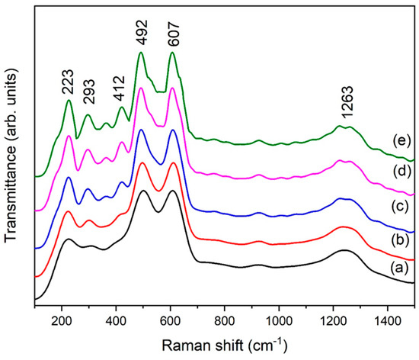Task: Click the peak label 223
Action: pos(69,85)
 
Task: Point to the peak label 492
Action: pos(141,37)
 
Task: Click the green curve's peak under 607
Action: pos(172,53)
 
